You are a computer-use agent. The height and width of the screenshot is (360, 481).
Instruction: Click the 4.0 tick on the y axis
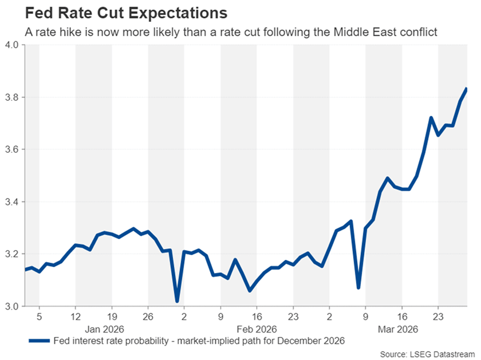tap(11, 45)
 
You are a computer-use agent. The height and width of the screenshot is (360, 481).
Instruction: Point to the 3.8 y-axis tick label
tap(11, 97)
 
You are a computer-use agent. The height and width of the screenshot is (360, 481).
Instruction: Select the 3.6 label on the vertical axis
tap(11, 149)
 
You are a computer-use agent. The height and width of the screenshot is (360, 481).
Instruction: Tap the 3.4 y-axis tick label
tap(11, 202)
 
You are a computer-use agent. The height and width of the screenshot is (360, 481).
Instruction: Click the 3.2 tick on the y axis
tap(11, 254)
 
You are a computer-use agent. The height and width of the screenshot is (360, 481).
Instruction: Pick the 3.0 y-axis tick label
tap(11, 307)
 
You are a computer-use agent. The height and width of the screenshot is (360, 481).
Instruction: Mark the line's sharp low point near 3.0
tap(177, 301)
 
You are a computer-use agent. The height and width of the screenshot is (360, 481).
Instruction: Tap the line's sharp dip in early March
tap(358, 287)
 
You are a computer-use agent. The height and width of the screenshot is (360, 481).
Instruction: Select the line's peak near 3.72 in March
tap(431, 118)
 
